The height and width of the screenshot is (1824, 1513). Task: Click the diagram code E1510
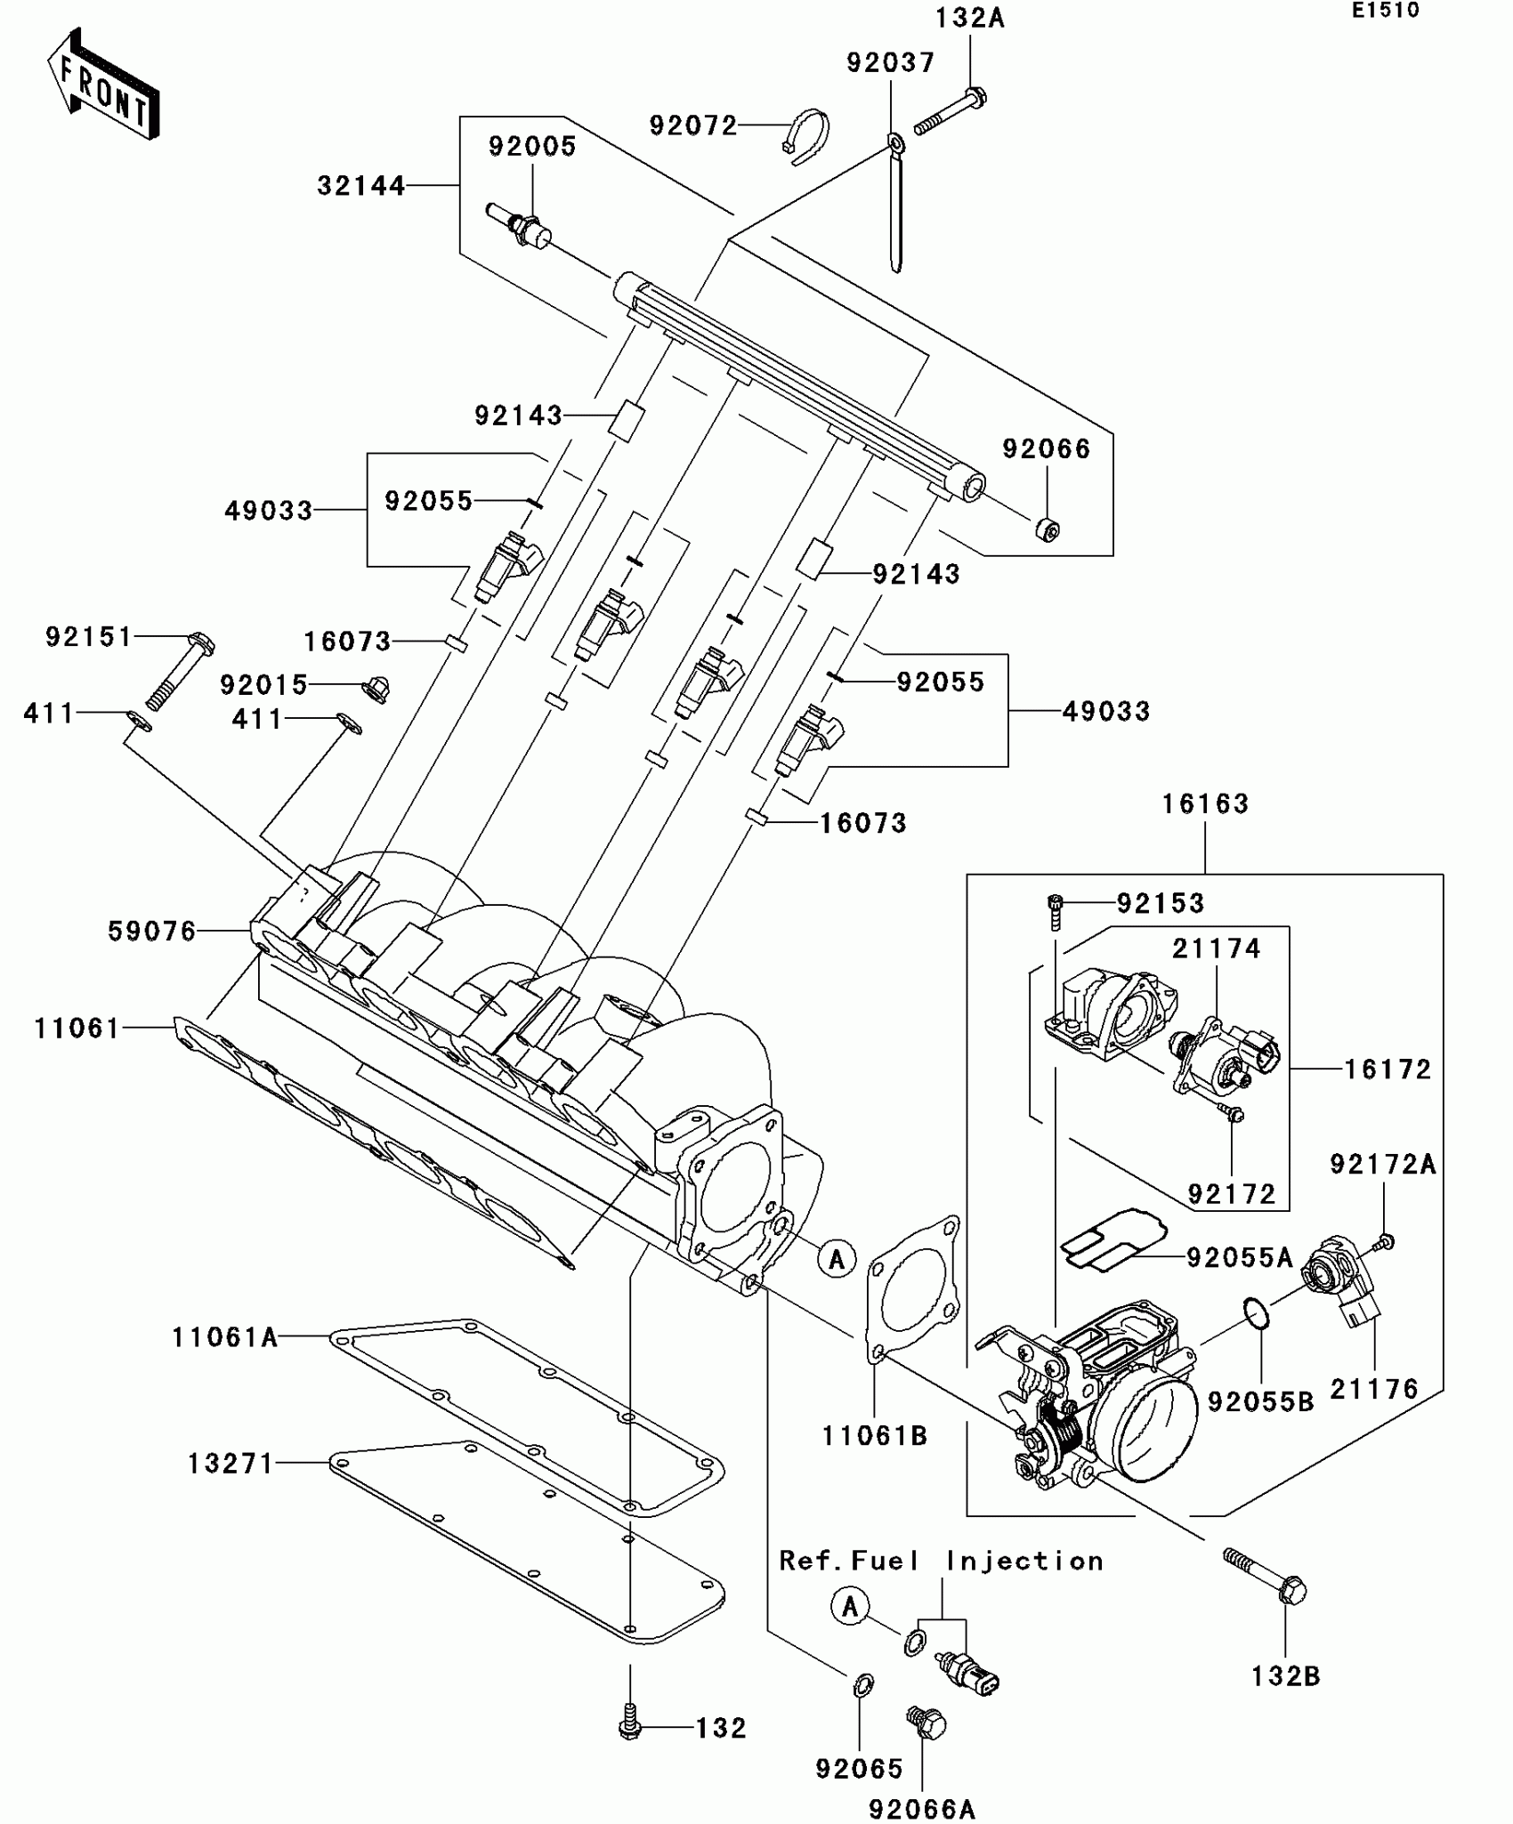click(1385, 11)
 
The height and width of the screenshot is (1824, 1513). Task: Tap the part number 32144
click(360, 186)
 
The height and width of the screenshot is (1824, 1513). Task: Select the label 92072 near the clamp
click(693, 126)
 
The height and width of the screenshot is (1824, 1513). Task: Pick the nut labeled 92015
click(377, 689)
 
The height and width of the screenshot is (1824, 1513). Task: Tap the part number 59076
click(151, 932)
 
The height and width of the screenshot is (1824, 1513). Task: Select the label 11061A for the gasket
click(224, 1337)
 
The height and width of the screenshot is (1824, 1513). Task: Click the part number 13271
click(231, 1464)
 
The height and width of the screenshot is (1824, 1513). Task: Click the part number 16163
click(1205, 804)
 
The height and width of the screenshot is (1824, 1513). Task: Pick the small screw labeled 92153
click(1056, 911)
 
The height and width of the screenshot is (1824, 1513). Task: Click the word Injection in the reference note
click(1024, 1562)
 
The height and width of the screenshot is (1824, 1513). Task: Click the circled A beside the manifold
click(837, 1259)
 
